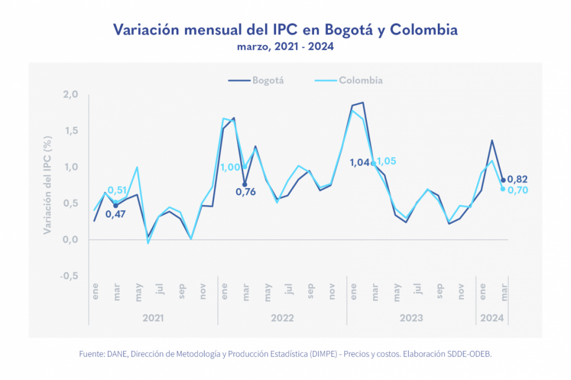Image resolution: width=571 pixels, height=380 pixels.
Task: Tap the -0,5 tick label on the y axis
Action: [x=69, y=276]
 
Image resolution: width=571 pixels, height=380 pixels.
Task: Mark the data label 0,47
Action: [x=115, y=214]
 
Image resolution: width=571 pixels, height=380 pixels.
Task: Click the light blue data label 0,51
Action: [x=118, y=190]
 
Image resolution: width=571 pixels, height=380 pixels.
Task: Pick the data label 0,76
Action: [x=244, y=193]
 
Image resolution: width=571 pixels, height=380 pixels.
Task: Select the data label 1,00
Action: [x=230, y=167]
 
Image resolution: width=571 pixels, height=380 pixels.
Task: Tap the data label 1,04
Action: [x=360, y=163]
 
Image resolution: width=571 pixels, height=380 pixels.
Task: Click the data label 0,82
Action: [x=517, y=179]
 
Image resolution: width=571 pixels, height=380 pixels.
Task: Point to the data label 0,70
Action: [x=517, y=190]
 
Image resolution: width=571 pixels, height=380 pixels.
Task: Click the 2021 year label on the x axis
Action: [x=153, y=318]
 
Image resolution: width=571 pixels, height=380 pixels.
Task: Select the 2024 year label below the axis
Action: [x=491, y=318]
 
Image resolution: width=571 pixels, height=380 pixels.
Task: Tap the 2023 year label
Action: [x=411, y=318]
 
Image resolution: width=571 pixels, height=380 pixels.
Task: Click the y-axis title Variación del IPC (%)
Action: [x=48, y=185]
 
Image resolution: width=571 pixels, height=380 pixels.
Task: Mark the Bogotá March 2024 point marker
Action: [x=503, y=180]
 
